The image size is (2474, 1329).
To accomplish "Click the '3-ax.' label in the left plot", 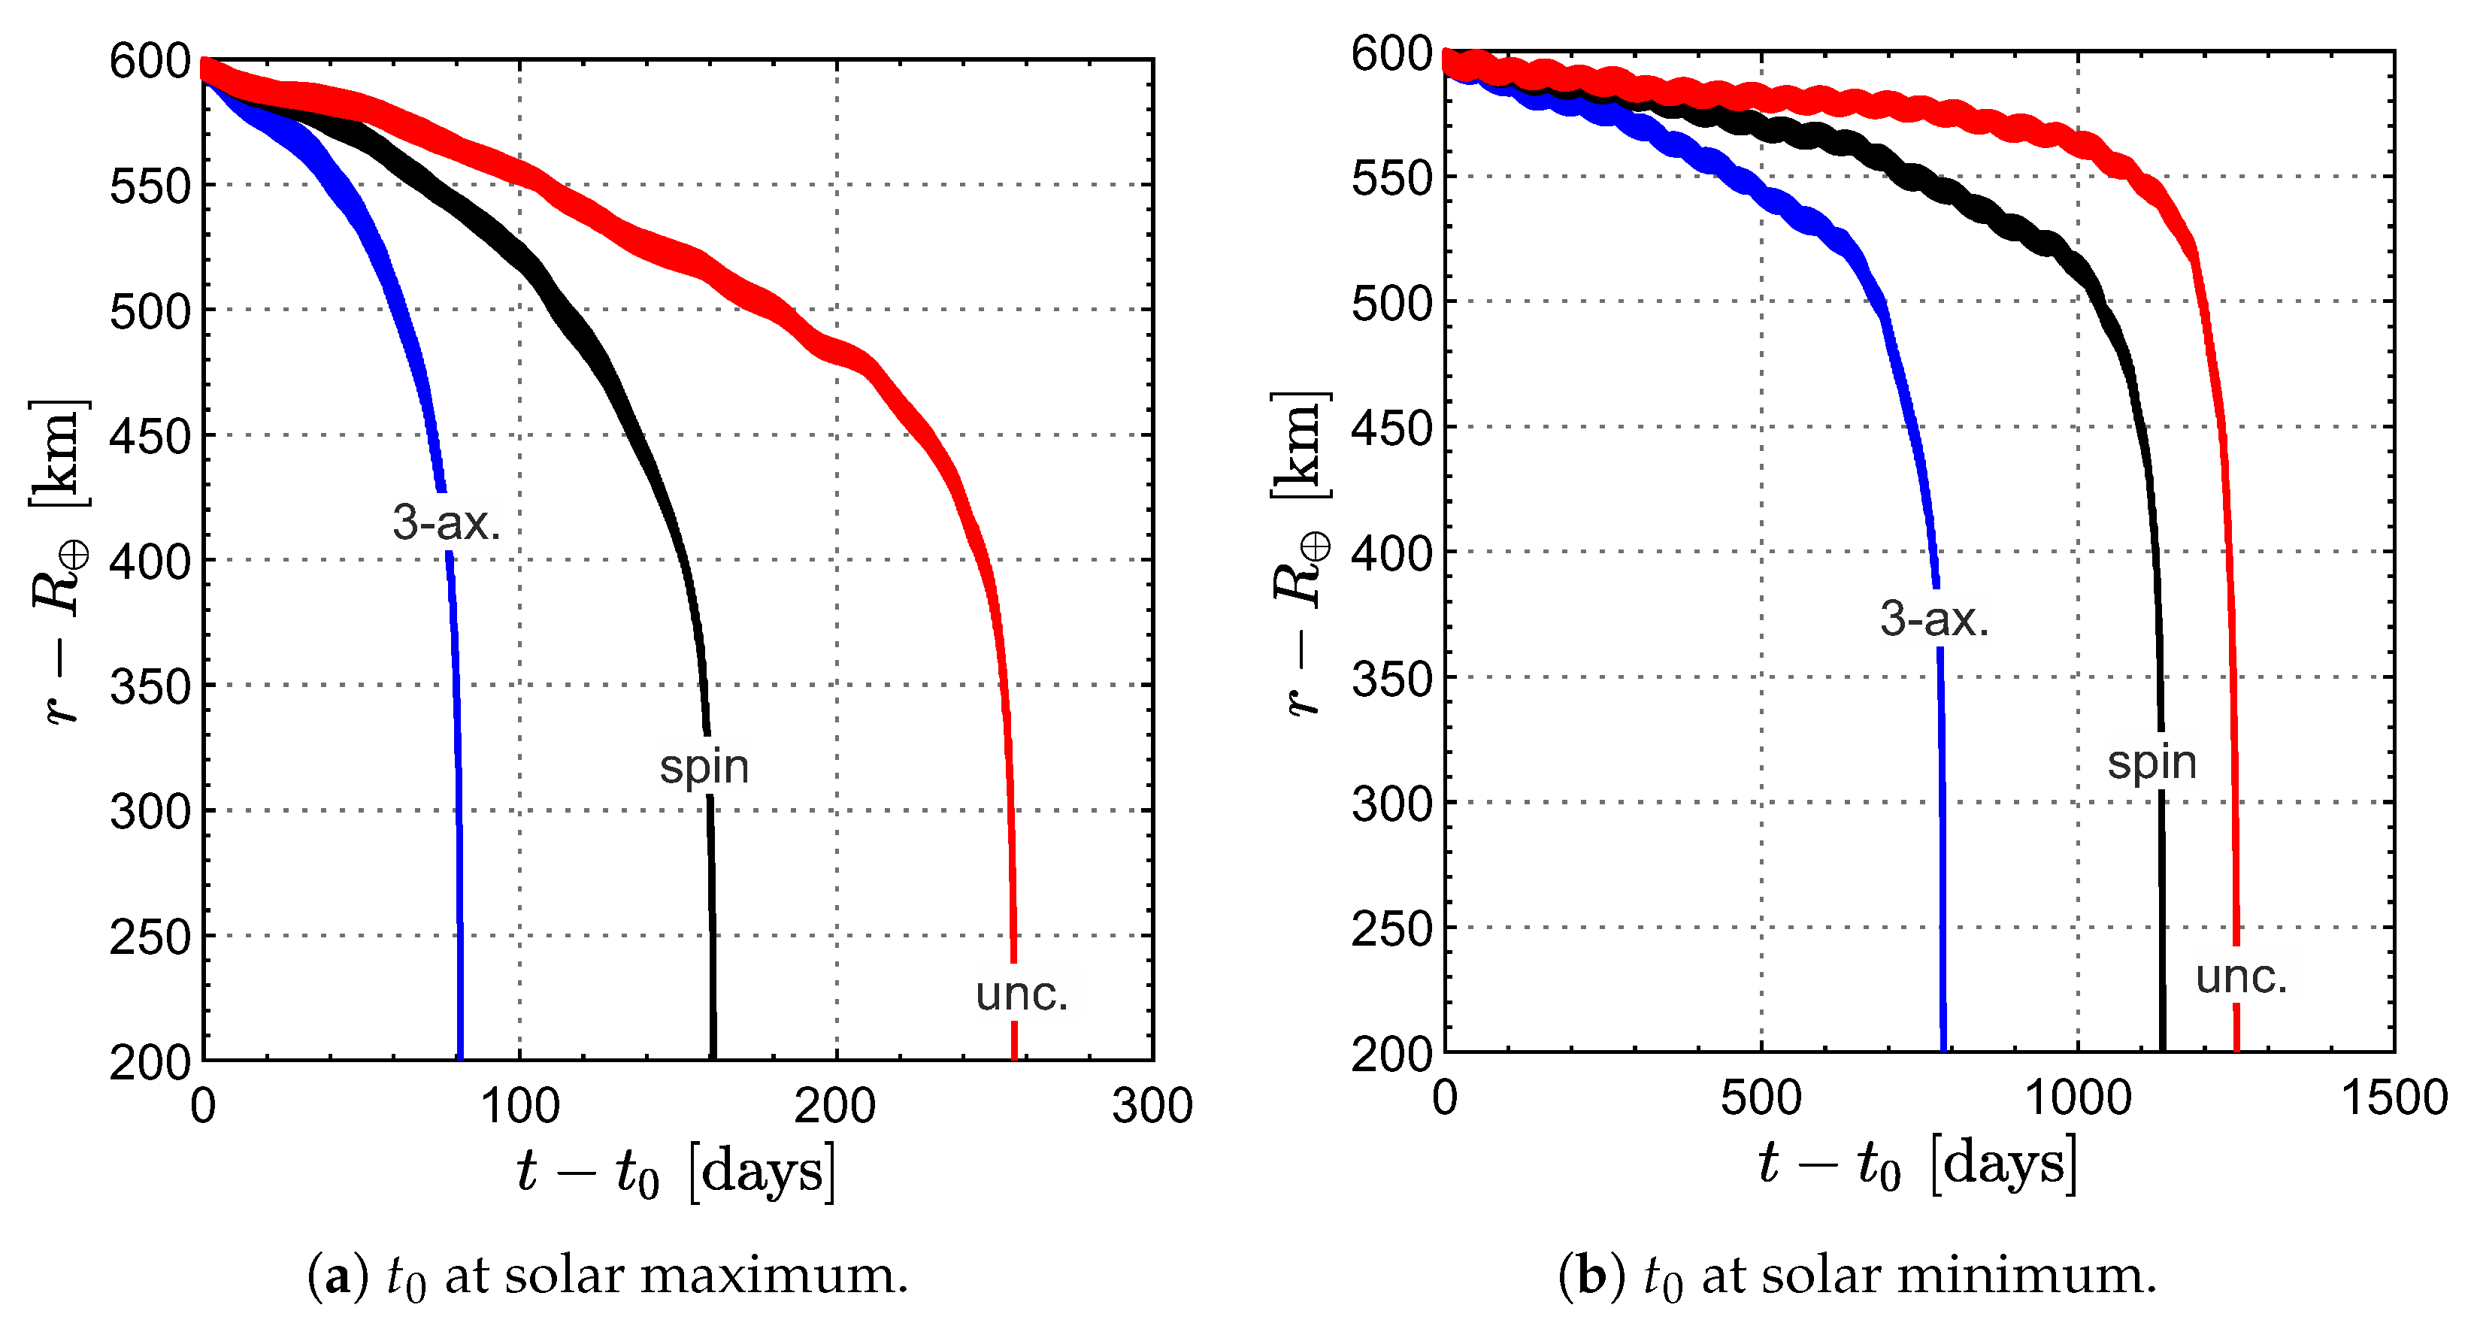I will pos(447,522).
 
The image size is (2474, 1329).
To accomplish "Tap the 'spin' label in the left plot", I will pos(704,766).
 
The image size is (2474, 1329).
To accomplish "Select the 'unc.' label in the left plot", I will pos(1022,994).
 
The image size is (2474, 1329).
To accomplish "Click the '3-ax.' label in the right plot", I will pos(1933,619).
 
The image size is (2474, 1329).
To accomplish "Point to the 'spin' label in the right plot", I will pos(2152,762).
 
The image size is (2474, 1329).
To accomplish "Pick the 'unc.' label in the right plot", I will pos(2242,976).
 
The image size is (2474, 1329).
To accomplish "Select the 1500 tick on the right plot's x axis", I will pos(2394,1097).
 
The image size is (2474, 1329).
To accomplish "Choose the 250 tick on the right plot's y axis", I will pos(1391,928).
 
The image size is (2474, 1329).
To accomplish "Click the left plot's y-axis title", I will pos(59,562).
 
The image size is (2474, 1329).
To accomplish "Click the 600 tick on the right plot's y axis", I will pos(1391,54).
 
